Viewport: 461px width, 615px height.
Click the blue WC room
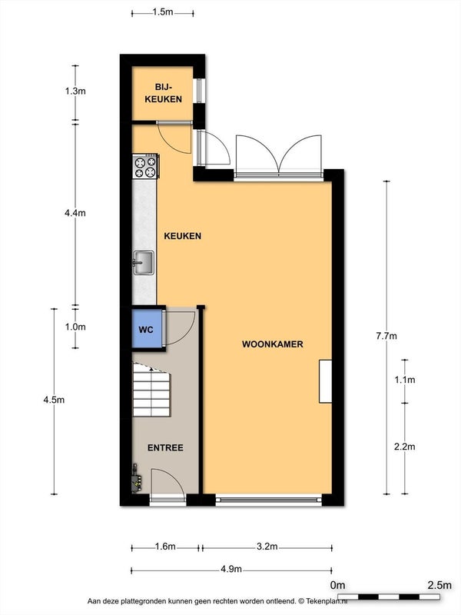pyautogui.click(x=147, y=329)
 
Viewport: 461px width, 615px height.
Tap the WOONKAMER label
pyautogui.click(x=273, y=344)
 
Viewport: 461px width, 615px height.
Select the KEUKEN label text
pyautogui.click(x=182, y=236)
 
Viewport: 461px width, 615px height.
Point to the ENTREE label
pyautogui.click(x=165, y=447)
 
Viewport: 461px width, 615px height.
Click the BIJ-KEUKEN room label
pyautogui.click(x=163, y=93)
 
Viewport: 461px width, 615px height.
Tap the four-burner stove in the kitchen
pyautogui.click(x=145, y=166)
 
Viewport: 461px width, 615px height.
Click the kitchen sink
pyautogui.click(x=143, y=263)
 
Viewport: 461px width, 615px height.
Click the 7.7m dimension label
pyautogui.click(x=386, y=336)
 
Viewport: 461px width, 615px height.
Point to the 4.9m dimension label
pyautogui.click(x=231, y=569)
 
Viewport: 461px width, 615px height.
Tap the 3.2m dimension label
pyautogui.click(x=267, y=547)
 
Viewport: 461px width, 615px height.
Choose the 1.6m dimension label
pyautogui.click(x=165, y=547)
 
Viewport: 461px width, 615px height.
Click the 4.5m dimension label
pyautogui.click(x=54, y=400)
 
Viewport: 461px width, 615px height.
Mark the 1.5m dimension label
pyautogui.click(x=163, y=12)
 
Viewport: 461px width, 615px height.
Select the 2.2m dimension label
pyautogui.click(x=405, y=447)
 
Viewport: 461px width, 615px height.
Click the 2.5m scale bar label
pyautogui.click(x=439, y=585)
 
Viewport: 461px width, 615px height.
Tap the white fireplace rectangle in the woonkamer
pyautogui.click(x=325, y=381)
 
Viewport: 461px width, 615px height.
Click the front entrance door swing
pyautogui.click(x=167, y=482)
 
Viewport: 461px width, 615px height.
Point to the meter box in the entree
pyautogui.click(x=137, y=478)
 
